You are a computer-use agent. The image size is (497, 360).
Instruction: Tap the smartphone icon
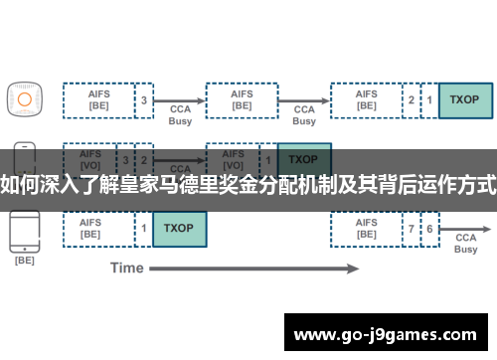pyautogui.click(x=24, y=158)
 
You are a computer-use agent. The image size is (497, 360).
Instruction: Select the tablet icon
pyautogui.click(x=24, y=229)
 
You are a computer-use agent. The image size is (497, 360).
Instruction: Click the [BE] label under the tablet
pyautogui.click(x=24, y=261)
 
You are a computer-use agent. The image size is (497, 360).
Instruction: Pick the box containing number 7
pyautogui.click(x=412, y=229)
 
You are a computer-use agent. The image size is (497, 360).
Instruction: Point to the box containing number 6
pyautogui.click(x=429, y=229)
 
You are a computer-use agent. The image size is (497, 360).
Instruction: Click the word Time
pyautogui.click(x=127, y=268)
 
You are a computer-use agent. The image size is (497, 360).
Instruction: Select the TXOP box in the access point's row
pyautogui.click(x=464, y=99)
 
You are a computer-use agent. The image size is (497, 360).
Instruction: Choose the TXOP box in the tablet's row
pyautogui.click(x=179, y=228)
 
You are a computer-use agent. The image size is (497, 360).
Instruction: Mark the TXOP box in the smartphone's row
pyautogui.click(x=303, y=159)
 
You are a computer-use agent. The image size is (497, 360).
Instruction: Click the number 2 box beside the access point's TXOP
pyautogui.click(x=412, y=99)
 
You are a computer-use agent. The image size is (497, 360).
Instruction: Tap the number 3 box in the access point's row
pyautogui.click(x=144, y=99)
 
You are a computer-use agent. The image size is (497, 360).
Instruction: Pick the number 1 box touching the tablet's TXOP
pyautogui.click(x=144, y=228)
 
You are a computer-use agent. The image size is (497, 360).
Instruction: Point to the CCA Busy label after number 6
pyautogui.click(x=466, y=244)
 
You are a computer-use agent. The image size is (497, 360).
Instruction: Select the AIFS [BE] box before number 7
pyautogui.click(x=366, y=228)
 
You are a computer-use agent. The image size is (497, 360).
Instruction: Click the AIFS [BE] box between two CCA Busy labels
pyautogui.click(x=241, y=99)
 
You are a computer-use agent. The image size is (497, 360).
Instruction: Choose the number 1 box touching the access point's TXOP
pyautogui.click(x=429, y=99)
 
